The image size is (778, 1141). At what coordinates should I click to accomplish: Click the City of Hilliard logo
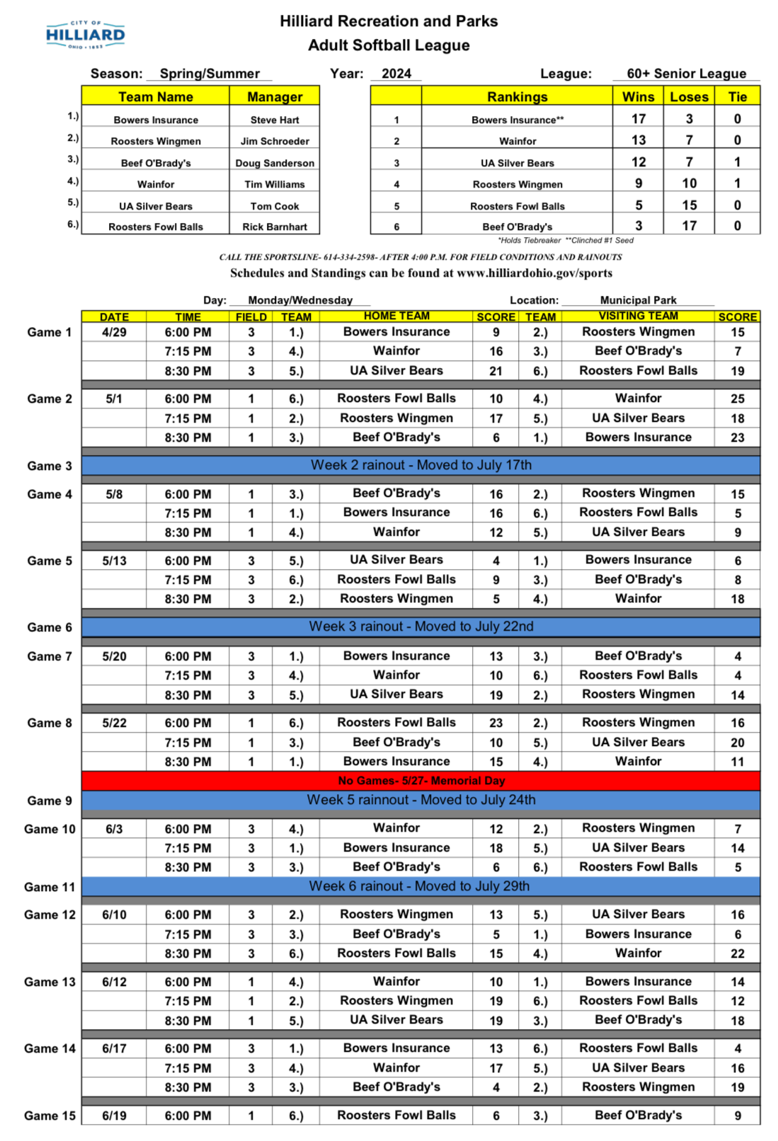click(x=85, y=35)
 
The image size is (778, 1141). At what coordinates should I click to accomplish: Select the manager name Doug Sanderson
click(x=275, y=163)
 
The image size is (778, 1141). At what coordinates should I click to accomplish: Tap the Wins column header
click(x=638, y=97)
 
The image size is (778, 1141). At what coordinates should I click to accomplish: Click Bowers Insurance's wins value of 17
click(x=639, y=119)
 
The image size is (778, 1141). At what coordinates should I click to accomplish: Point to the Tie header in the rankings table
click(x=738, y=97)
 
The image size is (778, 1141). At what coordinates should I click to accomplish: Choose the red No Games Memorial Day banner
click(x=421, y=781)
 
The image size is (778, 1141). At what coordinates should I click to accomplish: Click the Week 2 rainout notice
click(x=421, y=465)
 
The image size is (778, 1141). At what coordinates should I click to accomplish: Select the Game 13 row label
click(x=50, y=982)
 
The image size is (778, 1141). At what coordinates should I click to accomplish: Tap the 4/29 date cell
click(x=114, y=332)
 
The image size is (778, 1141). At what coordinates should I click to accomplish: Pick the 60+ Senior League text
click(x=686, y=74)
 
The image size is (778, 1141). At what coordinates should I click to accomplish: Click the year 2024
click(x=396, y=74)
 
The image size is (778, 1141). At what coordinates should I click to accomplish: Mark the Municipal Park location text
click(x=638, y=300)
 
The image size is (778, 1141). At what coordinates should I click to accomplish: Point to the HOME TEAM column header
click(x=396, y=316)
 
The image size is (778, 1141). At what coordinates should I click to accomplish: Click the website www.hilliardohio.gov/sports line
click(x=421, y=273)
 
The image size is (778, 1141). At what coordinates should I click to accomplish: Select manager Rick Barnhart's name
click(x=275, y=227)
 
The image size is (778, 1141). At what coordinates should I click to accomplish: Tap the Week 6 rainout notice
click(x=419, y=886)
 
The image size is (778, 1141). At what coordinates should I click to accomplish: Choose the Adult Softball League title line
click(x=389, y=45)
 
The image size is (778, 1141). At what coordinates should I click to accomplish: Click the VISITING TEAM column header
click(x=638, y=316)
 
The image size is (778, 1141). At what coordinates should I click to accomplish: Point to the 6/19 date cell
click(x=114, y=1116)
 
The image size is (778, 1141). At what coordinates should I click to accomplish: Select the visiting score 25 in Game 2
click(x=738, y=399)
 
